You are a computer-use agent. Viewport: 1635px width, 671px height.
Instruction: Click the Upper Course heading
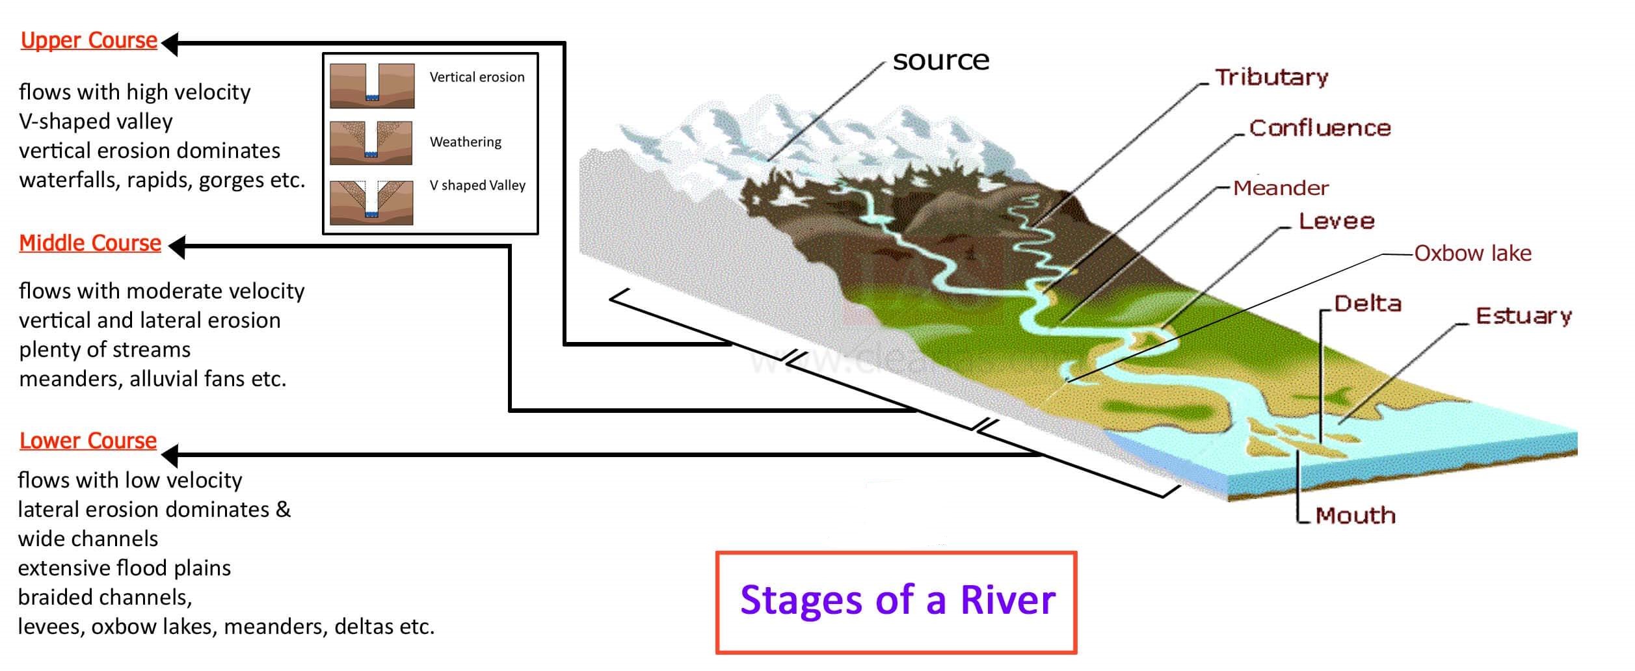click(89, 40)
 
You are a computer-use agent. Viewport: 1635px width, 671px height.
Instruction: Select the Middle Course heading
click(90, 243)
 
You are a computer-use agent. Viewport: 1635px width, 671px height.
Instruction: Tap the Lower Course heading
click(88, 441)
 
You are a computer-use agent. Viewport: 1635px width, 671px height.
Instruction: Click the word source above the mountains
click(940, 60)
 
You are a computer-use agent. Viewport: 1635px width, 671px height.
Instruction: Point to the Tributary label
click(1271, 77)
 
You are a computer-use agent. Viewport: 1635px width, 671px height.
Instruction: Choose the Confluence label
click(1320, 128)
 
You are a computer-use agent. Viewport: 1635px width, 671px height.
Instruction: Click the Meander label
click(1280, 188)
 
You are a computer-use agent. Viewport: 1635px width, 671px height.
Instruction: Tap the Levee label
click(1336, 222)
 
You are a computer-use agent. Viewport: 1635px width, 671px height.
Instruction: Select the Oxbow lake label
click(1472, 253)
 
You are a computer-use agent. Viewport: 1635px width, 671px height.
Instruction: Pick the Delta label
click(1367, 304)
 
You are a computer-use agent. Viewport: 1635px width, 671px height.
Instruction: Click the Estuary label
click(1523, 316)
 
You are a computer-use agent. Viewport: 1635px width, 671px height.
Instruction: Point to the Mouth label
click(1355, 516)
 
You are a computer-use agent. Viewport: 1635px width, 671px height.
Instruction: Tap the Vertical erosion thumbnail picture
click(372, 85)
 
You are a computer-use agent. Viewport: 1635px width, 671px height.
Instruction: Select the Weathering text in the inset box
click(466, 142)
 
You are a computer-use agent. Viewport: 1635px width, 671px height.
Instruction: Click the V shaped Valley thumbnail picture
click(371, 202)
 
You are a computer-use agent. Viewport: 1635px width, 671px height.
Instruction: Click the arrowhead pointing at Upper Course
click(170, 44)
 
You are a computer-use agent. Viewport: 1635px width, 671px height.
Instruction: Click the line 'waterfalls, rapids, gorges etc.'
click(162, 180)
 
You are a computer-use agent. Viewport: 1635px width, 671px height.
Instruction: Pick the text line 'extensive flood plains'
click(124, 568)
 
